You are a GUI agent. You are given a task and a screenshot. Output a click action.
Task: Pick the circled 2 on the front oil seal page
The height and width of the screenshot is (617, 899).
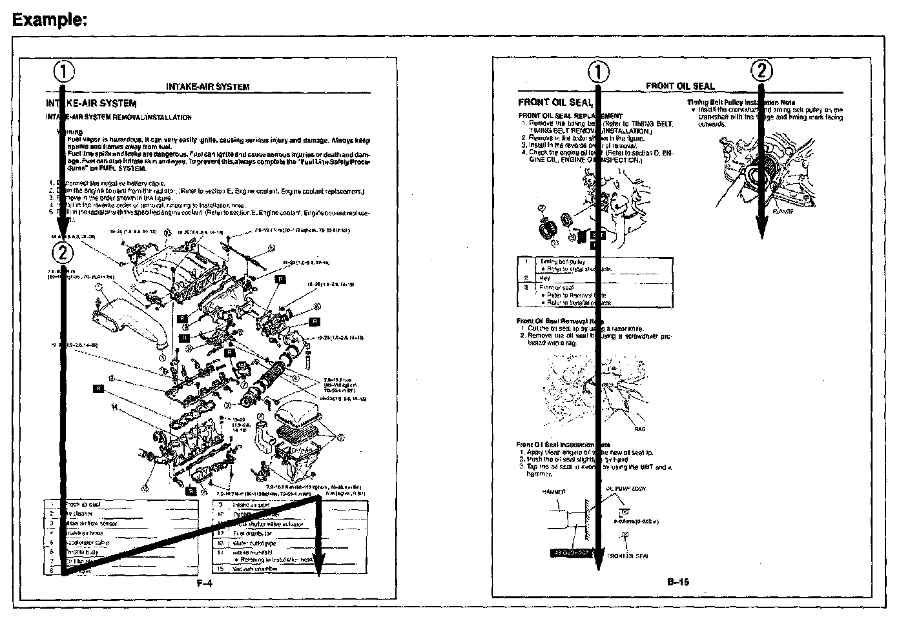point(762,70)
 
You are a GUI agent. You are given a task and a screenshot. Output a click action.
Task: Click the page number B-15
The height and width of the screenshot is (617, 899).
point(678,582)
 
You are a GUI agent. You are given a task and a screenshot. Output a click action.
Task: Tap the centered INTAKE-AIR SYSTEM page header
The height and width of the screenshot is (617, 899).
point(207,86)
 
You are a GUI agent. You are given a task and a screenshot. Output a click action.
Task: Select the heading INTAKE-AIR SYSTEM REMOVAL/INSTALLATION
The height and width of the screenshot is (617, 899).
point(118,117)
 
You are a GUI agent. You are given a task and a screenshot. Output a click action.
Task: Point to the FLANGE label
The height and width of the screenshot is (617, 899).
point(783,211)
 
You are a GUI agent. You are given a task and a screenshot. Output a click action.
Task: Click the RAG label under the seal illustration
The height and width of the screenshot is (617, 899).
point(639,429)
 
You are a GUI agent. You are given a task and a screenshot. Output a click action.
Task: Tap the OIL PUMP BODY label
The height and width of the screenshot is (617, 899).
point(626,489)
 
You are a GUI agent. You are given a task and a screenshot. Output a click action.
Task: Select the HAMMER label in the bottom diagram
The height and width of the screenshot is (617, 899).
point(553,492)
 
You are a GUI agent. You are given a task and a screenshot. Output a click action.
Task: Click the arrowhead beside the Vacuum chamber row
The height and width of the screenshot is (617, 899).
point(318,563)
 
